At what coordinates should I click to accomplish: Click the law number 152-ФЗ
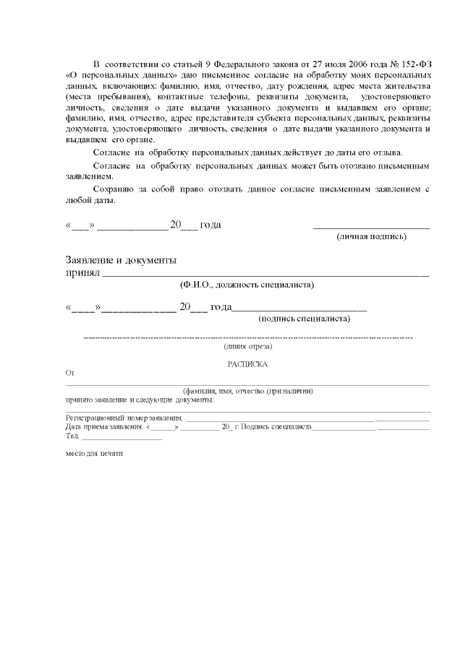(x=414, y=64)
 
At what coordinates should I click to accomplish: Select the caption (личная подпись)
(x=371, y=236)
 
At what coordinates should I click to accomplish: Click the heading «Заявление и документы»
(x=121, y=260)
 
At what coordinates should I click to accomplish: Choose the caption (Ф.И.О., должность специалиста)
(x=247, y=285)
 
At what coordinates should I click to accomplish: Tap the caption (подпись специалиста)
(x=305, y=318)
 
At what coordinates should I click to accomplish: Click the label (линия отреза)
(x=247, y=348)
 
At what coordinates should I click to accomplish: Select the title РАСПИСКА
(x=247, y=365)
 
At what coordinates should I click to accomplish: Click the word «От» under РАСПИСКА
(x=70, y=374)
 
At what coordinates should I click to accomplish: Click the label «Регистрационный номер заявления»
(x=124, y=418)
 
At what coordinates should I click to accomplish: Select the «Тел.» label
(x=72, y=436)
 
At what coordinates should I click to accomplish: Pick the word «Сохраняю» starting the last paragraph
(x=115, y=189)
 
